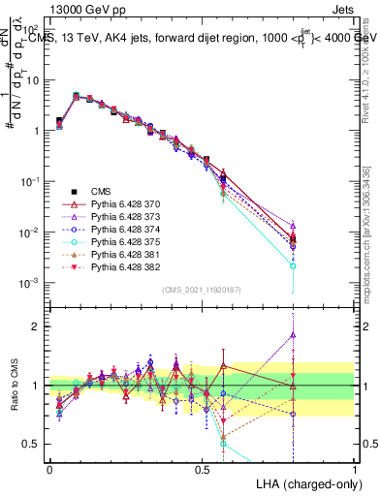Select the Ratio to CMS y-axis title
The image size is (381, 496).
(16, 385)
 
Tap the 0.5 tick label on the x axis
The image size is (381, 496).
(202, 469)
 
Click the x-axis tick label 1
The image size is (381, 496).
(354, 469)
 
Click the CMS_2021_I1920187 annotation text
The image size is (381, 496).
(202, 290)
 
